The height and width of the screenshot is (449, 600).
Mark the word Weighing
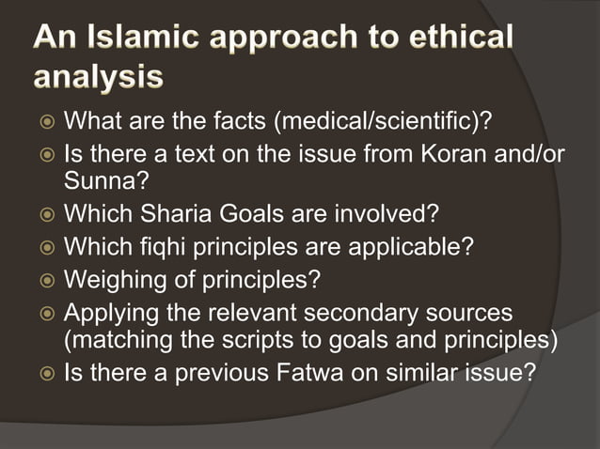(x=109, y=279)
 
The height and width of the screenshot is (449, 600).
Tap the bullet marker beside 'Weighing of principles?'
(x=45, y=280)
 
